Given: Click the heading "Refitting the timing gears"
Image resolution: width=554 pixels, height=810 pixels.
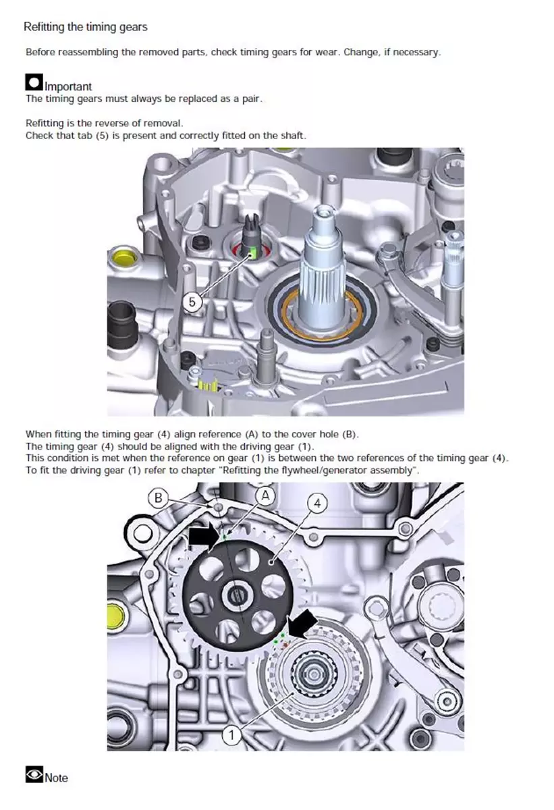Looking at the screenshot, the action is coord(85,27).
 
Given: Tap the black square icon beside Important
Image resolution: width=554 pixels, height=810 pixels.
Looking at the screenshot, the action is coord(34,82).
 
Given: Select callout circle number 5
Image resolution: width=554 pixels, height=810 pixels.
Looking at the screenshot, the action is coord(192,302).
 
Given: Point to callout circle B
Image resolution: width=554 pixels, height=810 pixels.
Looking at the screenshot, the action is coord(159,498).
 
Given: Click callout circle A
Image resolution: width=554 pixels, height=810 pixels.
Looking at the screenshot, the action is coord(265,495).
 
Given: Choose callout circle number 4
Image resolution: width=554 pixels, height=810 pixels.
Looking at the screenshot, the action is coord(317,504).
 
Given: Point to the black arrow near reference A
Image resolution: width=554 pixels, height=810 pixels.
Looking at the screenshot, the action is coord(204,536).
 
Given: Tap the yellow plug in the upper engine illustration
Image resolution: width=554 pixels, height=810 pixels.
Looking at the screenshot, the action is coord(123,257).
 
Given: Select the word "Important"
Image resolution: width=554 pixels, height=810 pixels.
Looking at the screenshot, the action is coord(68,86).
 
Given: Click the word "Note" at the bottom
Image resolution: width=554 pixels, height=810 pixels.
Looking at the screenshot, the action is coord(57,778).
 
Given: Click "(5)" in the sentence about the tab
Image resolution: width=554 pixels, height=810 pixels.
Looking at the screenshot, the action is coord(103,136).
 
